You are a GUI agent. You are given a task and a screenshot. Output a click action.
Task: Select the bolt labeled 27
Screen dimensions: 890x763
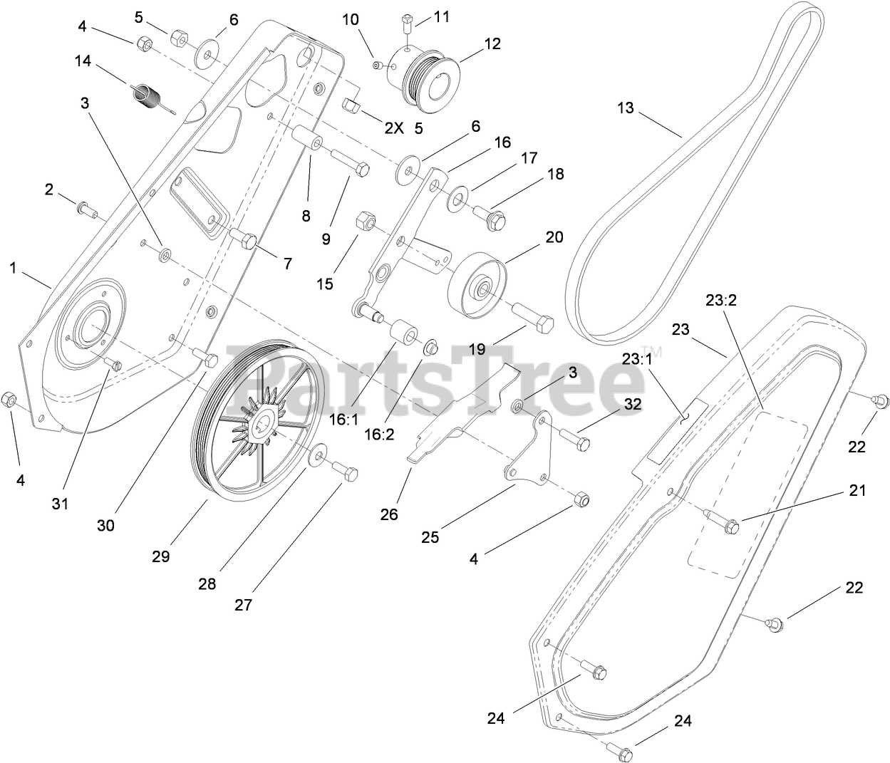pyautogui.click(x=346, y=472)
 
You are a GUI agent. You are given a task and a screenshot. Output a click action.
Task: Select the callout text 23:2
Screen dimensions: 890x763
pyautogui.click(x=720, y=301)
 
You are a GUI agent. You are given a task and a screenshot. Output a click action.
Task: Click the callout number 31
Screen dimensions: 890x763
pyautogui.click(x=60, y=504)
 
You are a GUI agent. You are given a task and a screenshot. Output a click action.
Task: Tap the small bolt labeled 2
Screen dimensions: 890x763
pyautogui.click(x=85, y=209)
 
